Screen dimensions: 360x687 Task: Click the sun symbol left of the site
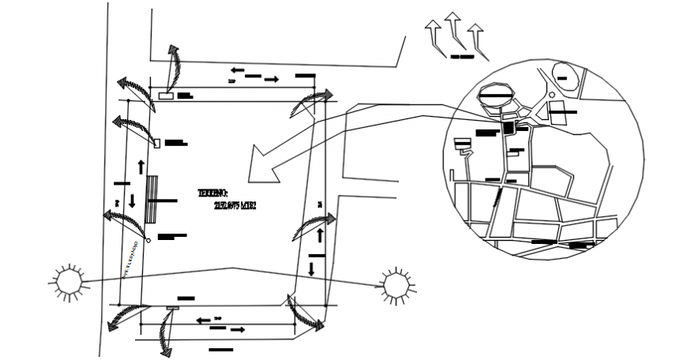pos(67,282)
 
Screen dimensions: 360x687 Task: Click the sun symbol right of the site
pos(394,284)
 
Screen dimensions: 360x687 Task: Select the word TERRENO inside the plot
pos(213,193)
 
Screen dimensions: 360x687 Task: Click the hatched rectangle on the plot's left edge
pos(151,201)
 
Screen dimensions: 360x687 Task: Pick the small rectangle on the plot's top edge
pos(167,96)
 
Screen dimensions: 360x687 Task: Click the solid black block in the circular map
pos(508,128)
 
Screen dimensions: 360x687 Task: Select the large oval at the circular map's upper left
pos(497,94)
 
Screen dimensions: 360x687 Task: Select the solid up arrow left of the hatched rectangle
pos(141,167)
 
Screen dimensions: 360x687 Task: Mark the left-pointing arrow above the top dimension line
pos(236,70)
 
